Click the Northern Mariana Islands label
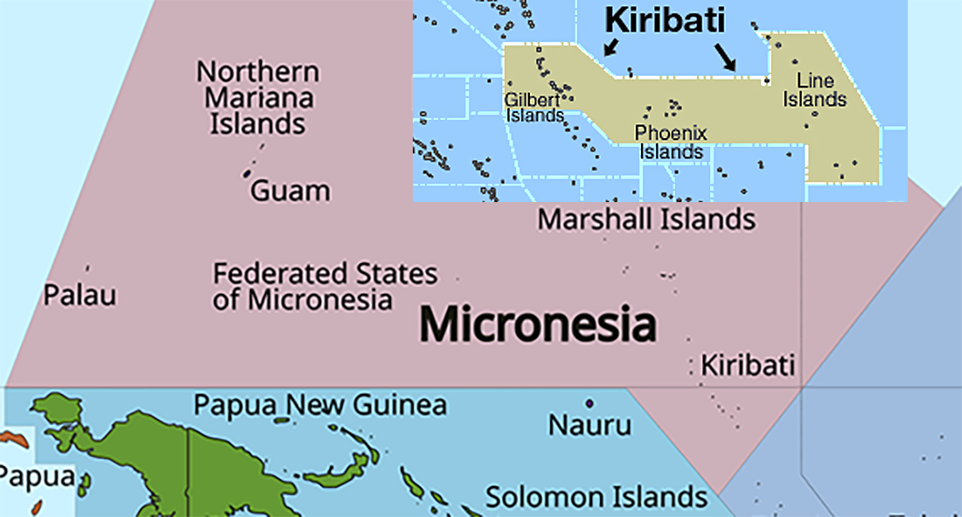pyautogui.click(x=258, y=97)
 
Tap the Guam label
pyautogui.click(x=290, y=191)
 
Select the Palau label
pyautogui.click(x=80, y=295)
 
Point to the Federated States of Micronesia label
pyautogui.click(x=324, y=286)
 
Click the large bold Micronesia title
pyautogui.click(x=537, y=325)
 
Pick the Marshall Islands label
pyautogui.click(x=646, y=219)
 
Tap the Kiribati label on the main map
pyautogui.click(x=749, y=365)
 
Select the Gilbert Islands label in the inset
pyautogui.click(x=533, y=108)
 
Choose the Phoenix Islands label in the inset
pyautogui.click(x=671, y=143)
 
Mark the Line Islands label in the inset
pyautogui.click(x=814, y=90)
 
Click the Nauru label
pyautogui.click(x=589, y=426)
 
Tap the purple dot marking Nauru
pyautogui.click(x=589, y=403)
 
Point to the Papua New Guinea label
pyautogui.click(x=319, y=405)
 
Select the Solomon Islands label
pyautogui.click(x=596, y=497)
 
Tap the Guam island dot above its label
pyautogui.click(x=247, y=173)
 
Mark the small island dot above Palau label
pyautogui.click(x=87, y=268)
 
